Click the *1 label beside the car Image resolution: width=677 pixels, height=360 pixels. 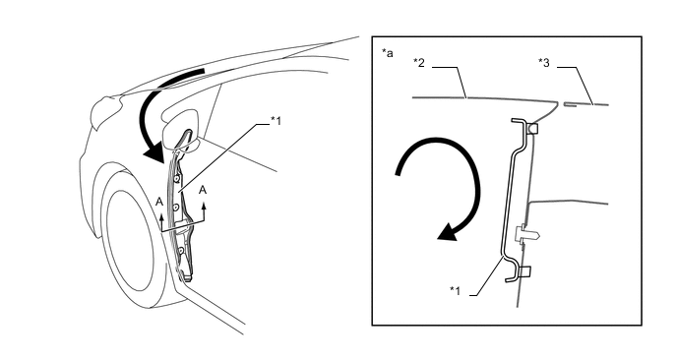click(276, 121)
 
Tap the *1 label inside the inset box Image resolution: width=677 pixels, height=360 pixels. click(455, 291)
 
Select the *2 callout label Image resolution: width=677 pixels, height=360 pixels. click(419, 63)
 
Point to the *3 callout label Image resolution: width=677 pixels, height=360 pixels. click(544, 63)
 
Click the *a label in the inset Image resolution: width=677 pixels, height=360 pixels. click(388, 53)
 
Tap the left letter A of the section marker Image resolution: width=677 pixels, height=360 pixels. click(159, 202)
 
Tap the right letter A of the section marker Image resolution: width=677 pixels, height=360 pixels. click(202, 191)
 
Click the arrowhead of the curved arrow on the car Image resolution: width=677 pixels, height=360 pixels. click(154, 153)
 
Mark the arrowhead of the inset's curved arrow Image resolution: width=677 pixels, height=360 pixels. click(448, 232)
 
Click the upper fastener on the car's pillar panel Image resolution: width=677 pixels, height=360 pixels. click(177, 179)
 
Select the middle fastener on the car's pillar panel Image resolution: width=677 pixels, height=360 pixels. click(176, 209)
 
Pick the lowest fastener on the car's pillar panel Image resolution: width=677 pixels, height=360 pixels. click(181, 250)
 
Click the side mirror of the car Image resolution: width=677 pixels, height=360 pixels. click(180, 130)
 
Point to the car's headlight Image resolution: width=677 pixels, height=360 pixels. click(103, 112)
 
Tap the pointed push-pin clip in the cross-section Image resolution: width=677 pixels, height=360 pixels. click(527, 234)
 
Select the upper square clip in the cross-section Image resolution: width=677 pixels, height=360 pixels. click(532, 128)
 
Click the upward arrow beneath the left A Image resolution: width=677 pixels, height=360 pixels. click(162, 220)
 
